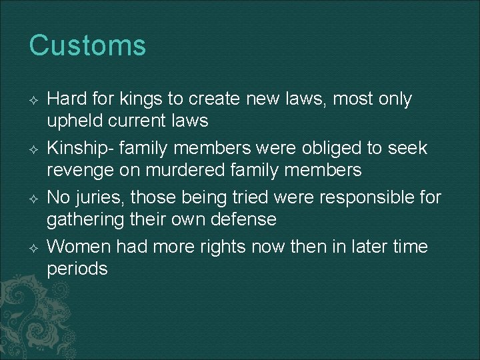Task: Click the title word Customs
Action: tap(87, 46)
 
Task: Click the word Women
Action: tap(79, 247)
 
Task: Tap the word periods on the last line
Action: tap(77, 269)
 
